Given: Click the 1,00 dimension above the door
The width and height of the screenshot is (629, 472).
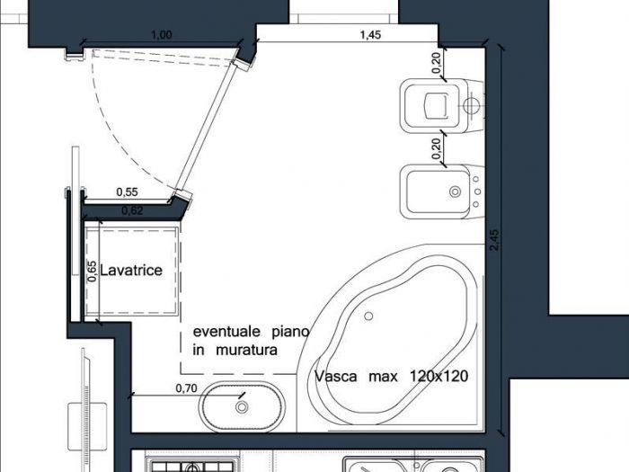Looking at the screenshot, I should [162, 35].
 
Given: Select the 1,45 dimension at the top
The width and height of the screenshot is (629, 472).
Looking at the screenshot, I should [369, 35].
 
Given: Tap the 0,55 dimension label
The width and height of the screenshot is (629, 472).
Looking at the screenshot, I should [127, 191].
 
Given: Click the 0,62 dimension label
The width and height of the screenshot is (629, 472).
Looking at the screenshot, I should [131, 211].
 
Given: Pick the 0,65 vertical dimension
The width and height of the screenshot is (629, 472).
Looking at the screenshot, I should [92, 272].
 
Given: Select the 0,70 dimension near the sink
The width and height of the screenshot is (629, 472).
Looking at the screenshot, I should [186, 388].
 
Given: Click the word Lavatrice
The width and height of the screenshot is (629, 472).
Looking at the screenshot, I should [131, 270].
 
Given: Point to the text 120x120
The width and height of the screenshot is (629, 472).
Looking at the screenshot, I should [439, 376].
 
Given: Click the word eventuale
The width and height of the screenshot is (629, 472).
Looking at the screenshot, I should [223, 332].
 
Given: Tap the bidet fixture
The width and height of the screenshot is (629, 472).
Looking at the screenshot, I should [439, 191].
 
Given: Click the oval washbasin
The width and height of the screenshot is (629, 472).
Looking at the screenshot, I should [242, 405].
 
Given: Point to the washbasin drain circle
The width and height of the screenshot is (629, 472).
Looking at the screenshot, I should [242, 407].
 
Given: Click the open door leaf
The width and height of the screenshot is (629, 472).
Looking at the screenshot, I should [211, 129].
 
